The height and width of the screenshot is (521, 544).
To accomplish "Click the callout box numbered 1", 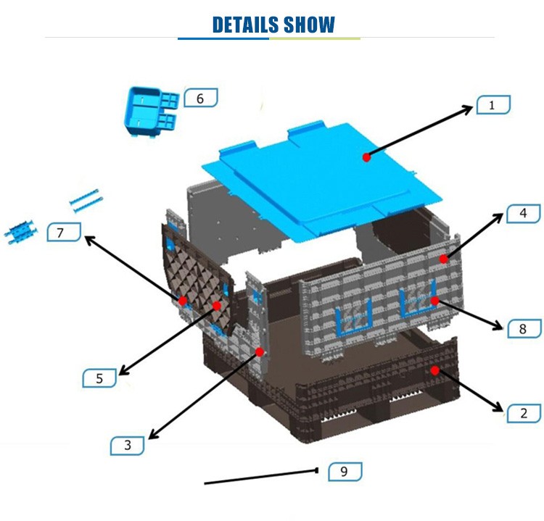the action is [493, 104].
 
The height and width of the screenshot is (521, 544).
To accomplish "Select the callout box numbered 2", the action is [524, 413].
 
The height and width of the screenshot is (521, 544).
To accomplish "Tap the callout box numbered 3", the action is [128, 446].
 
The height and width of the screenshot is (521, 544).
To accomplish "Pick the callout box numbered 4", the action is [524, 214].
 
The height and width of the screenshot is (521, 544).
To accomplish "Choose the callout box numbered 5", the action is [99, 378].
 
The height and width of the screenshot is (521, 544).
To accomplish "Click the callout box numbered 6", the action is [200, 98].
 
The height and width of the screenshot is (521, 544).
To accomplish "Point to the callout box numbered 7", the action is [64, 233].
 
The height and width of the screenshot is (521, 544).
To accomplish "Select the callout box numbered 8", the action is [524, 329].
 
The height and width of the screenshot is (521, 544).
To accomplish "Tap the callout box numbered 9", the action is [345, 472].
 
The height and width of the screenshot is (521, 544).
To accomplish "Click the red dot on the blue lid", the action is [367, 157].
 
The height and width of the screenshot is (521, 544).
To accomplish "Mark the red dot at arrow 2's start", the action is [435, 370].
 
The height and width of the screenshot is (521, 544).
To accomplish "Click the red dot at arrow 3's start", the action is [260, 352].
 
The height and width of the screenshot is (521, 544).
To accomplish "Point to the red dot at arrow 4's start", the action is [444, 259].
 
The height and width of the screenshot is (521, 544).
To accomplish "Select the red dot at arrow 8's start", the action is [435, 301].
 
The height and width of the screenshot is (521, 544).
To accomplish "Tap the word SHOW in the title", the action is [309, 25].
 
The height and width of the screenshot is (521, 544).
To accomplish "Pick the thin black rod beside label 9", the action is [261, 477].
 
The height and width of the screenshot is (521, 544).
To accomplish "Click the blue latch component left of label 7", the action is [20, 231].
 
